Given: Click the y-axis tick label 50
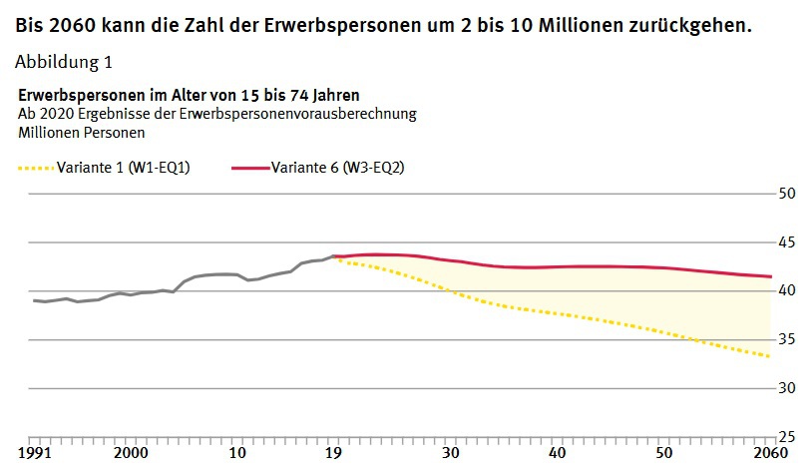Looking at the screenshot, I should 786,193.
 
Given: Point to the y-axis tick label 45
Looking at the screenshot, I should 786,241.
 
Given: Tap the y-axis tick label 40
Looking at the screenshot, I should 786,290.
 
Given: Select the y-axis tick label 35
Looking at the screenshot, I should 786,339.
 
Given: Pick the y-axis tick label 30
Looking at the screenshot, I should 786,388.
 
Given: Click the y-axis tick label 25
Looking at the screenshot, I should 786,437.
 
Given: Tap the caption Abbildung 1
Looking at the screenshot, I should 64,62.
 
